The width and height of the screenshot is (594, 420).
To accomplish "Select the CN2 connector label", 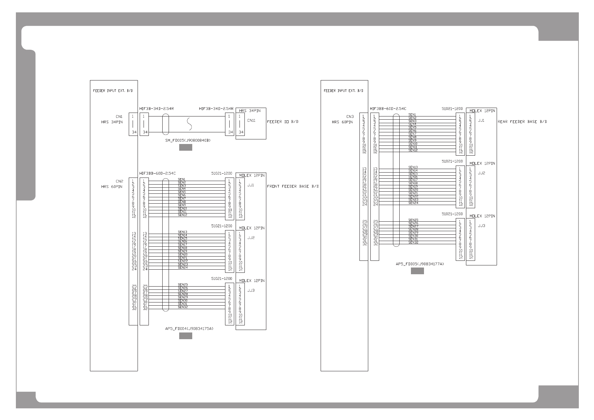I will point(119,181).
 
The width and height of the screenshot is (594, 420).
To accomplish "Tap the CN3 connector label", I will point(350,116).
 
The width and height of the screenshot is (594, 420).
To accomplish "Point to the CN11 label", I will point(251,120).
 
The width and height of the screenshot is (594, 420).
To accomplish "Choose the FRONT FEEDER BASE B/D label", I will point(293,186).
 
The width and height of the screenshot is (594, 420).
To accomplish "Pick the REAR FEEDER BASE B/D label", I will point(522,122).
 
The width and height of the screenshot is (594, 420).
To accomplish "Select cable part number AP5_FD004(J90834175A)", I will point(189,329).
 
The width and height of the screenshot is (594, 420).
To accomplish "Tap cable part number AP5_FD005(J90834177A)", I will point(420,264).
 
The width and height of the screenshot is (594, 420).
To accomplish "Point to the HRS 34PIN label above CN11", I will point(250,111).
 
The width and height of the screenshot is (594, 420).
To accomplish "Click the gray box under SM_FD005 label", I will point(186,148).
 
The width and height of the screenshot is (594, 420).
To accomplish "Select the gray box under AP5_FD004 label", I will point(186,336).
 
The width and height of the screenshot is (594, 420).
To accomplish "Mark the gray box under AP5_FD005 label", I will point(417,271).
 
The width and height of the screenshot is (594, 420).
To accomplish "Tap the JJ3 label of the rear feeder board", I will point(481,226).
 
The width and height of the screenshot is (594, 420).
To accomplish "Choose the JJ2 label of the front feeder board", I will point(251,238).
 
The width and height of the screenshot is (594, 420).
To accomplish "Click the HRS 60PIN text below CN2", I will point(111,187).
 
